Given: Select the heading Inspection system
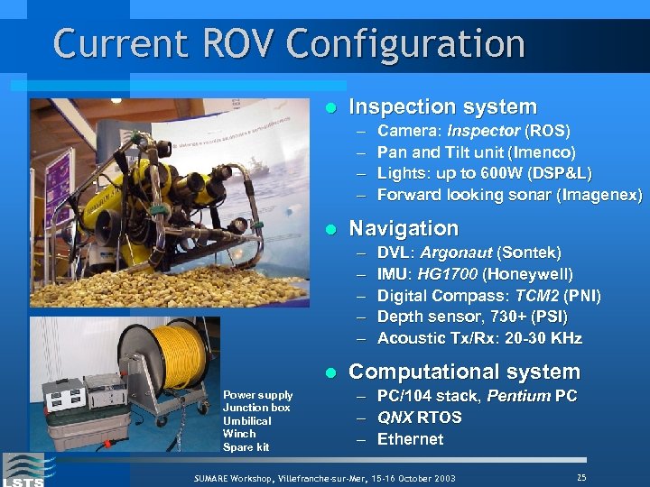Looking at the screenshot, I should pyautogui.click(x=442, y=107).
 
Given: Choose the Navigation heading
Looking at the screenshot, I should pyautogui.click(x=404, y=228).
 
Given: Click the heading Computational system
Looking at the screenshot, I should pyautogui.click(x=464, y=372).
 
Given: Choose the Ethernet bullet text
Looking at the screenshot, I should pyautogui.click(x=410, y=440).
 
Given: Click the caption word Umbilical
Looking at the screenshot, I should pyautogui.click(x=246, y=421).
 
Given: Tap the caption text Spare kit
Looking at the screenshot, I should pyautogui.click(x=246, y=447).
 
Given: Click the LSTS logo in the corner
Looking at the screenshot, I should pyautogui.click(x=23, y=469).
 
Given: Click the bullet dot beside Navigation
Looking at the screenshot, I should pyautogui.click(x=330, y=229).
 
